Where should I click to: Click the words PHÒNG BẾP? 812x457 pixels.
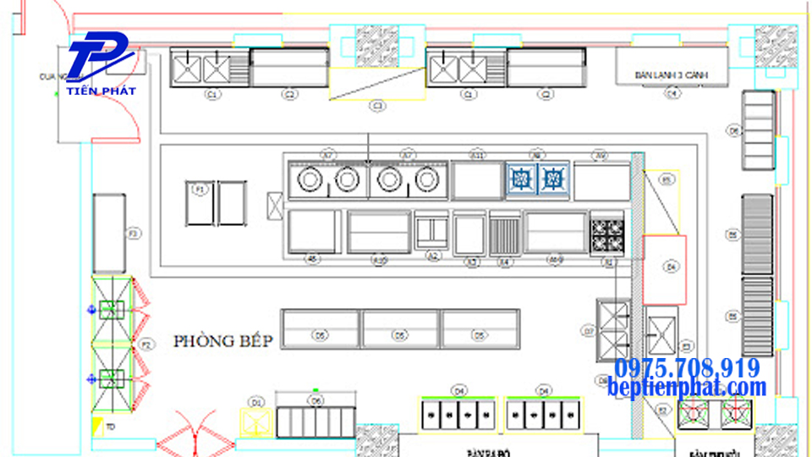(x=223, y=341)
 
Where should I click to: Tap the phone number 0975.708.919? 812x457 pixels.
(x=687, y=369)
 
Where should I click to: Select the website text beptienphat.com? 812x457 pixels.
(x=687, y=388)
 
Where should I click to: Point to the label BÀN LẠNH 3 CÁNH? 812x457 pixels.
(x=671, y=75)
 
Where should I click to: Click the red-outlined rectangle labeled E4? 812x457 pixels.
(x=664, y=269)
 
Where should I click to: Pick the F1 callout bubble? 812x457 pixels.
(x=200, y=190)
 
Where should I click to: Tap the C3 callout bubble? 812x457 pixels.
(x=378, y=106)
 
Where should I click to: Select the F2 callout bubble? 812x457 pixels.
(x=146, y=344)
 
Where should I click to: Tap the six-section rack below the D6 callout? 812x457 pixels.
(x=315, y=421)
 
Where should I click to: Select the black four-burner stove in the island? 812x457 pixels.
(x=606, y=234)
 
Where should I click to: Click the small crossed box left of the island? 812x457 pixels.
(x=275, y=205)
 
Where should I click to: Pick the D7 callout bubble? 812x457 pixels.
(x=588, y=330)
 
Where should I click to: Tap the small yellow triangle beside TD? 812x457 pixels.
(x=98, y=425)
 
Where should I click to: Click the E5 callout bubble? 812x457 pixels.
(x=667, y=179)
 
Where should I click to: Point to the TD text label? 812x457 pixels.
(x=111, y=427)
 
